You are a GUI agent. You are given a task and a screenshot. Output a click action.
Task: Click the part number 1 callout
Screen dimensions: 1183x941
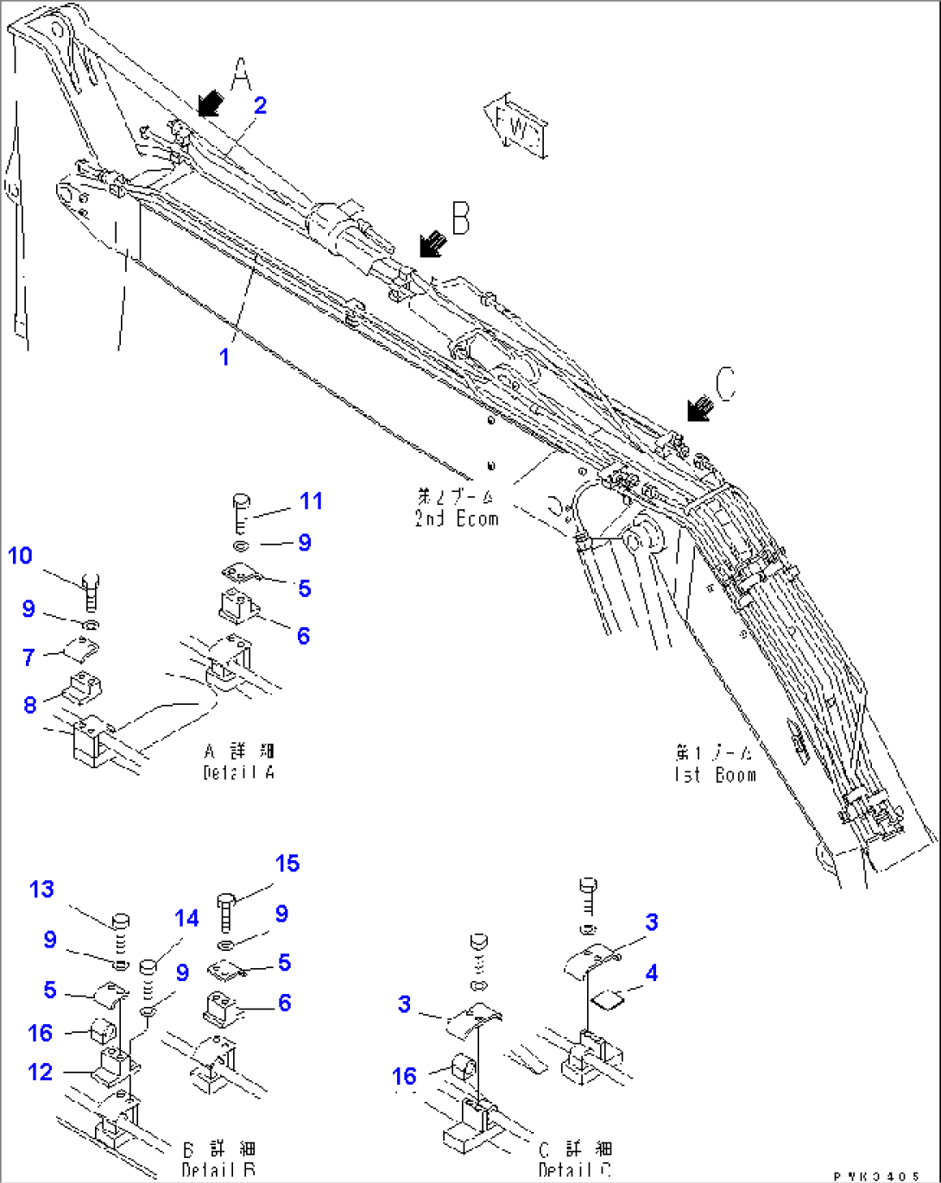(224, 356)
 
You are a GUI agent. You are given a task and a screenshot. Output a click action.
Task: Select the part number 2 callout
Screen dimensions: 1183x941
(260, 105)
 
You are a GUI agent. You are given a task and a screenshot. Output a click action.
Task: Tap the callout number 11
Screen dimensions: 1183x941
(311, 501)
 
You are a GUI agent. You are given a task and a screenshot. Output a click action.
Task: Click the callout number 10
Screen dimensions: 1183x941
(20, 556)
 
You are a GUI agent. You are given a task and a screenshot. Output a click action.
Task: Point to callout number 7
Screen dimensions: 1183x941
(28, 658)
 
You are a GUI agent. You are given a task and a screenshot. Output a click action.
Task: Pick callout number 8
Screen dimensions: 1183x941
(30, 705)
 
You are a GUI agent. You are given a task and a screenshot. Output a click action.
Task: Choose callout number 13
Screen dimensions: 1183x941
(41, 890)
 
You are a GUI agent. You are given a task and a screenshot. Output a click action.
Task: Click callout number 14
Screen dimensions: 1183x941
(186, 919)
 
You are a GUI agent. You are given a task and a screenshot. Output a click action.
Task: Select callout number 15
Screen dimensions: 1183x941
(287, 864)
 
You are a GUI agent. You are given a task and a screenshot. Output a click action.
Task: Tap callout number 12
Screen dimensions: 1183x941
(41, 1072)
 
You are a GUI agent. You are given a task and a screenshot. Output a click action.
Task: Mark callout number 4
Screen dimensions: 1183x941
(651, 973)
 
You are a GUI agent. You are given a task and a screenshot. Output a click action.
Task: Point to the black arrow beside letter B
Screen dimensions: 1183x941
(431, 244)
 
